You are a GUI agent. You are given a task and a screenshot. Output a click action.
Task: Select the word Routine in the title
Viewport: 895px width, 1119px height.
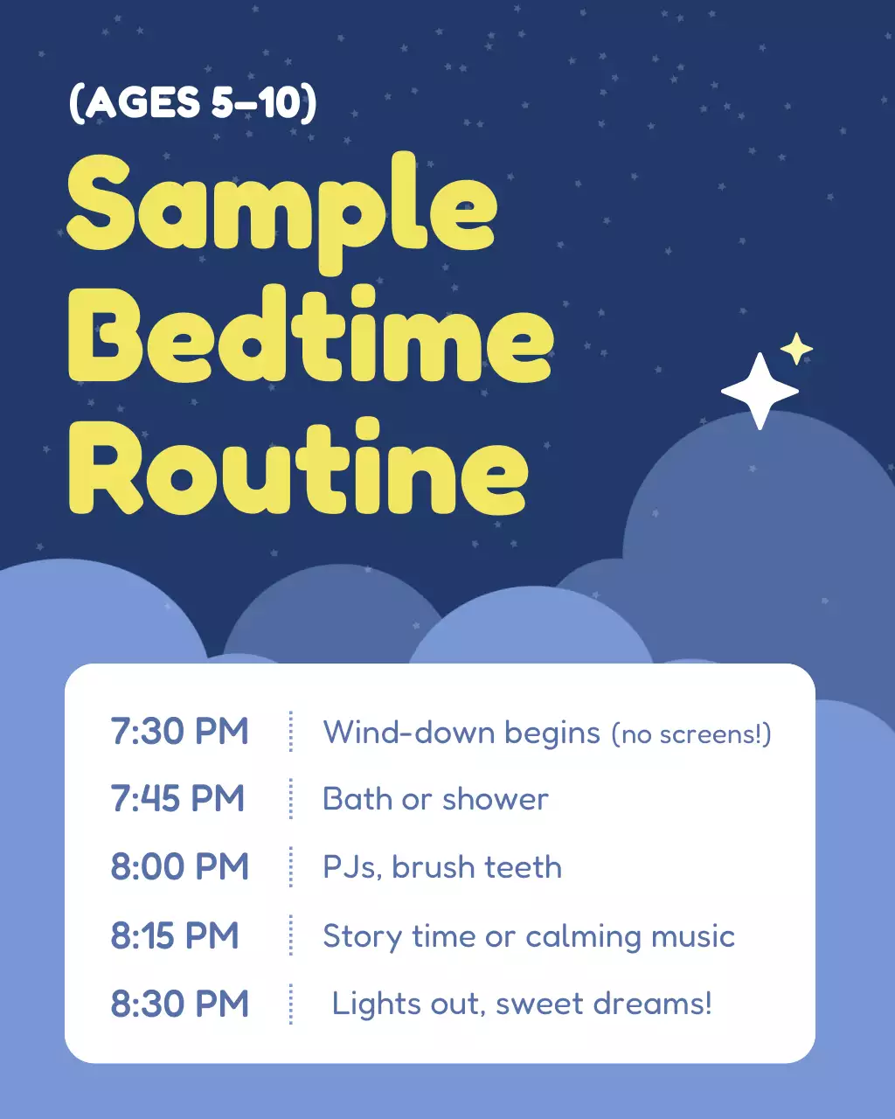[297, 470]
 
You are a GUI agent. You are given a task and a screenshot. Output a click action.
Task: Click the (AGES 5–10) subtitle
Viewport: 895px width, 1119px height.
[193, 103]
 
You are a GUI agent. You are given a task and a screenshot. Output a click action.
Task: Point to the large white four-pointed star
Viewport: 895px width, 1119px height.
[760, 391]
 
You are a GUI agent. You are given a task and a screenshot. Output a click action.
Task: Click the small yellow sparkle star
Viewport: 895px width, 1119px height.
[796, 349]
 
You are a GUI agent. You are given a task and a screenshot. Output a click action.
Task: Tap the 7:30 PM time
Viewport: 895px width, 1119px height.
[179, 732]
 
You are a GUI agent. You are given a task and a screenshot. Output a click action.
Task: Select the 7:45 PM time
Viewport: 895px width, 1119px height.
[177, 799]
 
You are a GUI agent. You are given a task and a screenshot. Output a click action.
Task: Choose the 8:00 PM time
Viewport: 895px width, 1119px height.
[179, 867]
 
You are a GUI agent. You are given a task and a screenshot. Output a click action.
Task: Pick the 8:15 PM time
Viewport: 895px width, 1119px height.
[175, 935]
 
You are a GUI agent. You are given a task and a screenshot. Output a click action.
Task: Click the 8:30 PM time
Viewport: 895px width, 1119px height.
[179, 1004]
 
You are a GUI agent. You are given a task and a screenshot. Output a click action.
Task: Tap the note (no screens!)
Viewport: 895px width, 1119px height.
[690, 734]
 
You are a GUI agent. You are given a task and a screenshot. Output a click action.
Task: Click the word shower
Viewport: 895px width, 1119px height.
[496, 799]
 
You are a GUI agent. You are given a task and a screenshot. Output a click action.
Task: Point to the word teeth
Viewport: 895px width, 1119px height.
[523, 867]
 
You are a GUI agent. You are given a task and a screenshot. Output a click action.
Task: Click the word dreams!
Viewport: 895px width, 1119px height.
[652, 1004]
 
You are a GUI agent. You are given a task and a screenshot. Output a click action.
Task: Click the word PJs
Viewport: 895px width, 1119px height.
[351, 868]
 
